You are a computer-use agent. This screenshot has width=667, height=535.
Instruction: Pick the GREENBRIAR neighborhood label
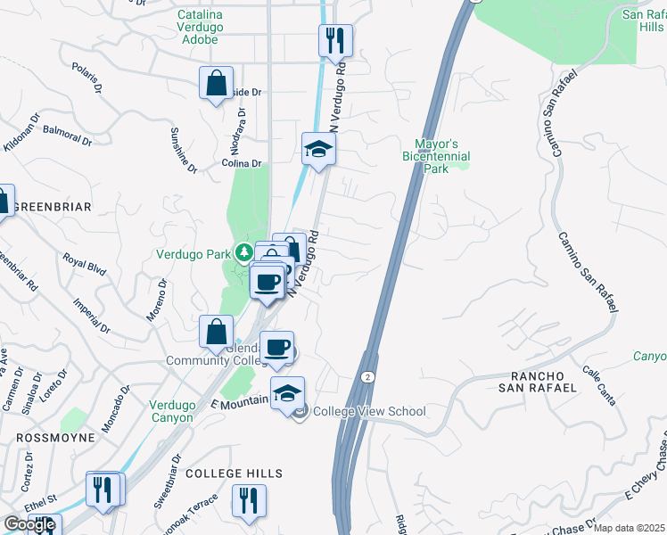pyautogui.click(x=53, y=207)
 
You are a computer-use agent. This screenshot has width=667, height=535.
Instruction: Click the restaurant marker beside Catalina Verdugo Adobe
pyautogui.click(x=336, y=40)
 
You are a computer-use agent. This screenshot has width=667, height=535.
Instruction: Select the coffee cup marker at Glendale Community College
pyautogui.click(x=277, y=347)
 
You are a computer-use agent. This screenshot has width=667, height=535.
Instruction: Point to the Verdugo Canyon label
pyautogui.click(x=171, y=410)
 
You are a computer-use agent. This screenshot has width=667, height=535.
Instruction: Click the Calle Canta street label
pyautogui.click(x=599, y=384)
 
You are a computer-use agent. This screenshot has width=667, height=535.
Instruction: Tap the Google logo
pyautogui.click(x=29, y=524)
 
